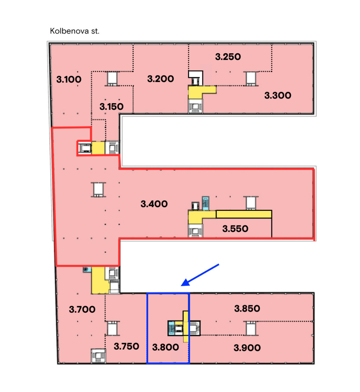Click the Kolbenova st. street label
pos(74,31)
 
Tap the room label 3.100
pos(69,79)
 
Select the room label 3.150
pos(111,107)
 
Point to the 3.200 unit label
pos(160,79)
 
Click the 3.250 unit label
pos(228,57)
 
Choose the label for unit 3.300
pos(278,95)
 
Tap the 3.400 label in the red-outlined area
pos(154,204)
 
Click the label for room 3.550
pos(235,229)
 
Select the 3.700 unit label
pos(82,310)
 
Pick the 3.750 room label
pos(126,346)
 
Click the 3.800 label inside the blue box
pos(165,347)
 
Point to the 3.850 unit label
pos(247,309)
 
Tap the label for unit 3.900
pos(247,348)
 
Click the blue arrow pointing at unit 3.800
pos(200,275)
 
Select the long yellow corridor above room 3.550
pos(244,214)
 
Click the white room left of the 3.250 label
pos(196,74)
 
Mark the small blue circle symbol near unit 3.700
pos(86,269)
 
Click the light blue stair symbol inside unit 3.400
pos(205,203)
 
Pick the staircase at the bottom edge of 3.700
pos(98,355)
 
